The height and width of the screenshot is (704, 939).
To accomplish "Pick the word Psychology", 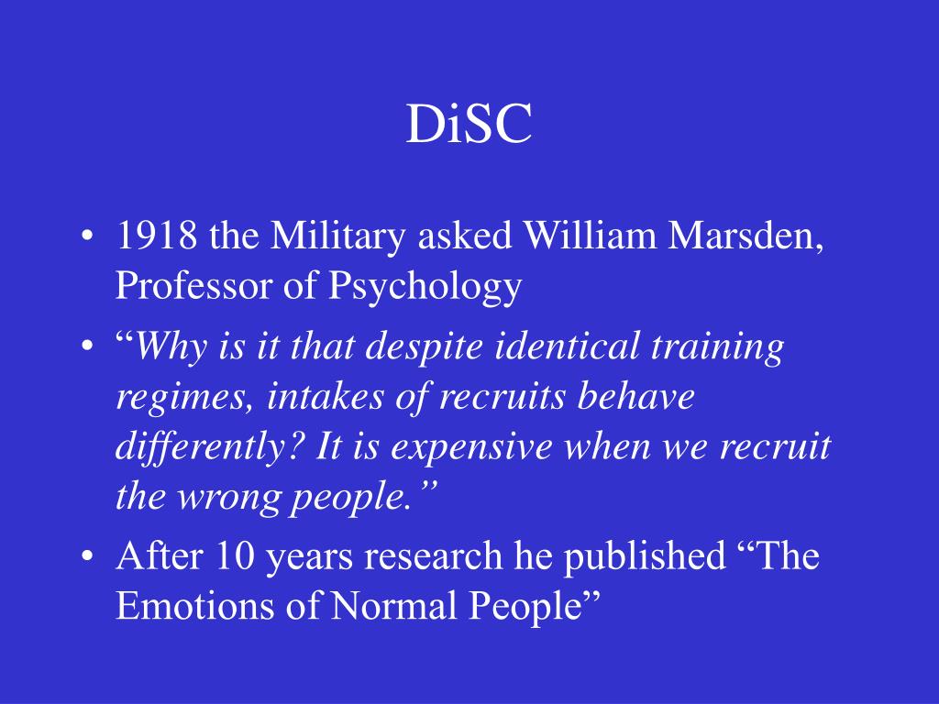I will coord(425,288).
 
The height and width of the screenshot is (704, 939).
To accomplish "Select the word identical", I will coord(569,349).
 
